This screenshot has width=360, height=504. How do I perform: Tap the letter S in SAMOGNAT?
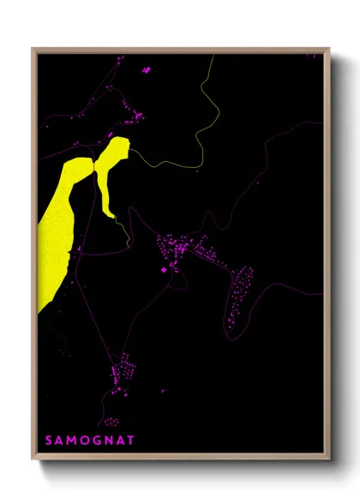(49, 441)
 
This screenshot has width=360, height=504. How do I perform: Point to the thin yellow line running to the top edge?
(206, 103)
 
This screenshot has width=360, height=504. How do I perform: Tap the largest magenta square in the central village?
(164, 270)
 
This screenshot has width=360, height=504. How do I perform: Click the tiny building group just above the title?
(111, 422)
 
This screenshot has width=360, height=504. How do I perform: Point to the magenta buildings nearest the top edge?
(144, 67)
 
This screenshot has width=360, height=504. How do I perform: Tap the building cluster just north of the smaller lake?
(134, 111)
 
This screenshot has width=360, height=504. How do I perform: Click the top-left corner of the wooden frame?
(33, 50)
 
